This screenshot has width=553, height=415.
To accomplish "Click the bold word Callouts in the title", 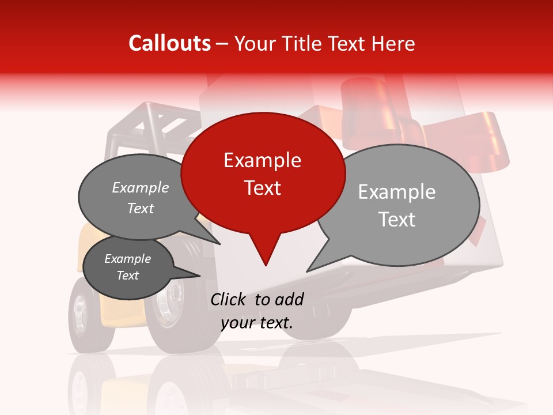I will (x=169, y=43).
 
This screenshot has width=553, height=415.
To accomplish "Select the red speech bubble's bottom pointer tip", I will (x=266, y=265).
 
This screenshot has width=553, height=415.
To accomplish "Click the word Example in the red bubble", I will (x=262, y=160).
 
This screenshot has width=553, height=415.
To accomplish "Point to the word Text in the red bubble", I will (x=263, y=188).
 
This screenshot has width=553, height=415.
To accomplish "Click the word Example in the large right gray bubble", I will (x=396, y=192).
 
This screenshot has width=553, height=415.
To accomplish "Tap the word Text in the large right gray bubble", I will (x=397, y=220).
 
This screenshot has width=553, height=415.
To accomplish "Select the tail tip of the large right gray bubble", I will (x=308, y=271).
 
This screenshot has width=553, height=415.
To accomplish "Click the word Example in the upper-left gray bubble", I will (x=141, y=187).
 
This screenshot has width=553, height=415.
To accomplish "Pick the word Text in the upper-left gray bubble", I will (x=141, y=208).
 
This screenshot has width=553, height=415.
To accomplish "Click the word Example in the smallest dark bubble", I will (x=127, y=259).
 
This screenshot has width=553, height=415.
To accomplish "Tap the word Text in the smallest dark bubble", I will (x=127, y=276).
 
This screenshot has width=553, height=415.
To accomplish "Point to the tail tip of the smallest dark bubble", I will (x=200, y=276).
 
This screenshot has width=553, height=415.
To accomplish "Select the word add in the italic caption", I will (x=289, y=299).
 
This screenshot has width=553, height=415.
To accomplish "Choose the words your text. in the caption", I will (x=257, y=323).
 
